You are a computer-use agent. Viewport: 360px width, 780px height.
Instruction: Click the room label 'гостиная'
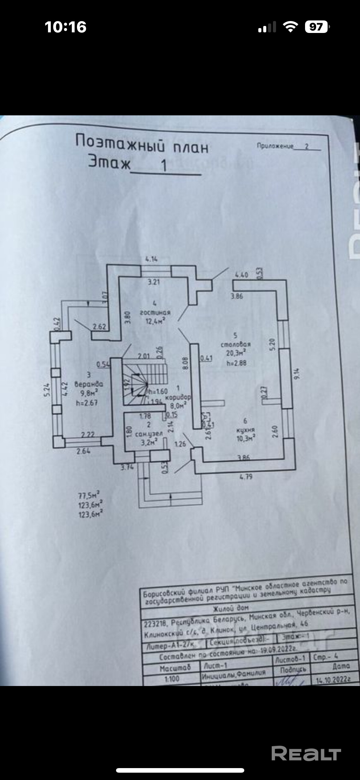pos(155,312)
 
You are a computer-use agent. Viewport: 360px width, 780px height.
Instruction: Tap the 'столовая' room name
pos(235,344)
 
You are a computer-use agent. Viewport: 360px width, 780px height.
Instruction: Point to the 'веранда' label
pos(89,384)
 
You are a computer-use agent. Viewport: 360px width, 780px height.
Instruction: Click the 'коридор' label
pos(178,397)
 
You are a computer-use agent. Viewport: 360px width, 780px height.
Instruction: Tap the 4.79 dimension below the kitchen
pos(246,476)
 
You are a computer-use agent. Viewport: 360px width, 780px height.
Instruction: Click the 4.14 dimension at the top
pos(152,259)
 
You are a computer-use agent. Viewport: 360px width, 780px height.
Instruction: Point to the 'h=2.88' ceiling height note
pos(236,363)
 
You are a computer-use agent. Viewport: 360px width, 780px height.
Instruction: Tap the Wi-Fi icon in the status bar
pos(291,27)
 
